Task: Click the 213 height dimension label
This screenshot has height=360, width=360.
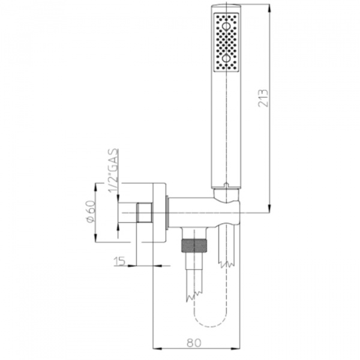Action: pos(263,98)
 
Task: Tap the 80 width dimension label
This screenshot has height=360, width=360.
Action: pos(194,343)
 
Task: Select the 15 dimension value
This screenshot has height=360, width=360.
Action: pos(119,261)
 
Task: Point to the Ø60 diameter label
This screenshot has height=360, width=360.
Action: pos(90,211)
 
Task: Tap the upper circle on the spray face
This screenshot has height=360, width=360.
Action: pos(226,26)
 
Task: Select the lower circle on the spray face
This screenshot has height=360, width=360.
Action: pos(226,59)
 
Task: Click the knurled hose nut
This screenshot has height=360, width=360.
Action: pos(194,246)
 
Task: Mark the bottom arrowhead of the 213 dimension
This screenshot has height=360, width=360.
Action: pos(269,208)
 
